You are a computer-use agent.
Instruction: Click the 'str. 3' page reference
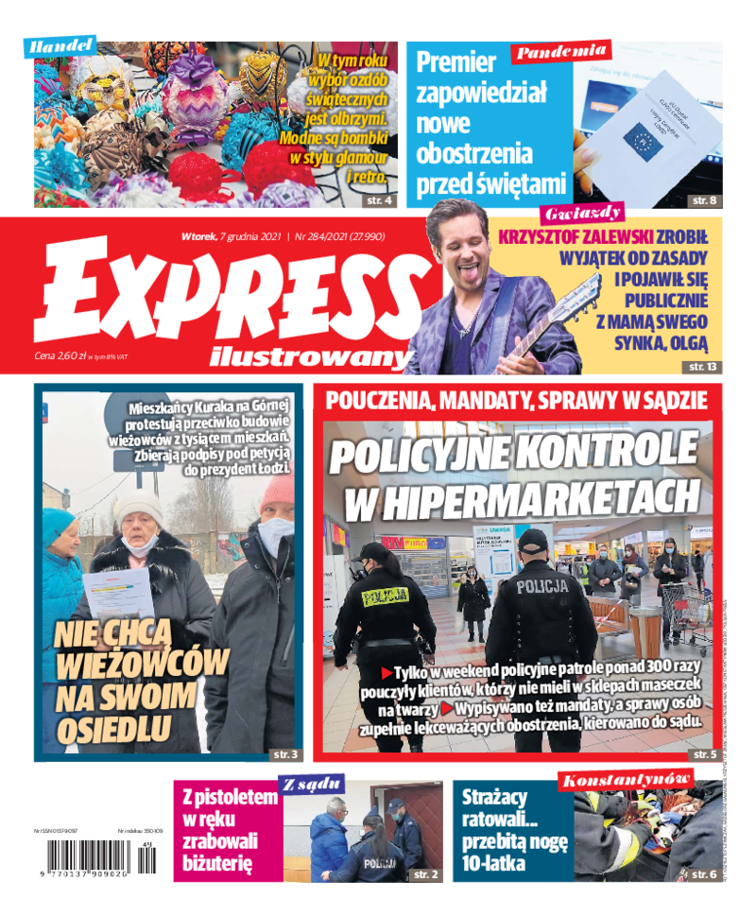pyautogui.click(x=285, y=753)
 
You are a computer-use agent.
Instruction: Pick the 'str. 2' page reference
pyautogui.click(x=426, y=875)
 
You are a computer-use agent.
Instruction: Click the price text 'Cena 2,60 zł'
pyautogui.click(x=57, y=356)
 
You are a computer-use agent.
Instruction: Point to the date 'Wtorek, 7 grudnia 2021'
pyautogui.click(x=232, y=235)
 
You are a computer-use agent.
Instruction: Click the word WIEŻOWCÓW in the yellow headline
pyautogui.click(x=143, y=665)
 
